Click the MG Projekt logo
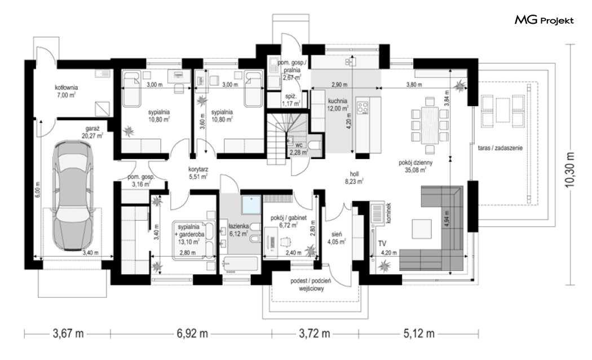[544, 20]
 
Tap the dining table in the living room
[430, 125]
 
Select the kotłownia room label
[66, 91]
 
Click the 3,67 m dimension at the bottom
[68, 334]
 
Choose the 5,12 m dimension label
[419, 334]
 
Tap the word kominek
[389, 214]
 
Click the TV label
[382, 244]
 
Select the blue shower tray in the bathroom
[251, 205]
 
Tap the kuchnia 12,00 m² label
[338, 104]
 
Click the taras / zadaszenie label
[500, 148]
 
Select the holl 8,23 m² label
[354, 178]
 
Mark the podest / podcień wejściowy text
[311, 284]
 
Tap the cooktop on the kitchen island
[363, 107]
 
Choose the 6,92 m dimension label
[192, 334]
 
